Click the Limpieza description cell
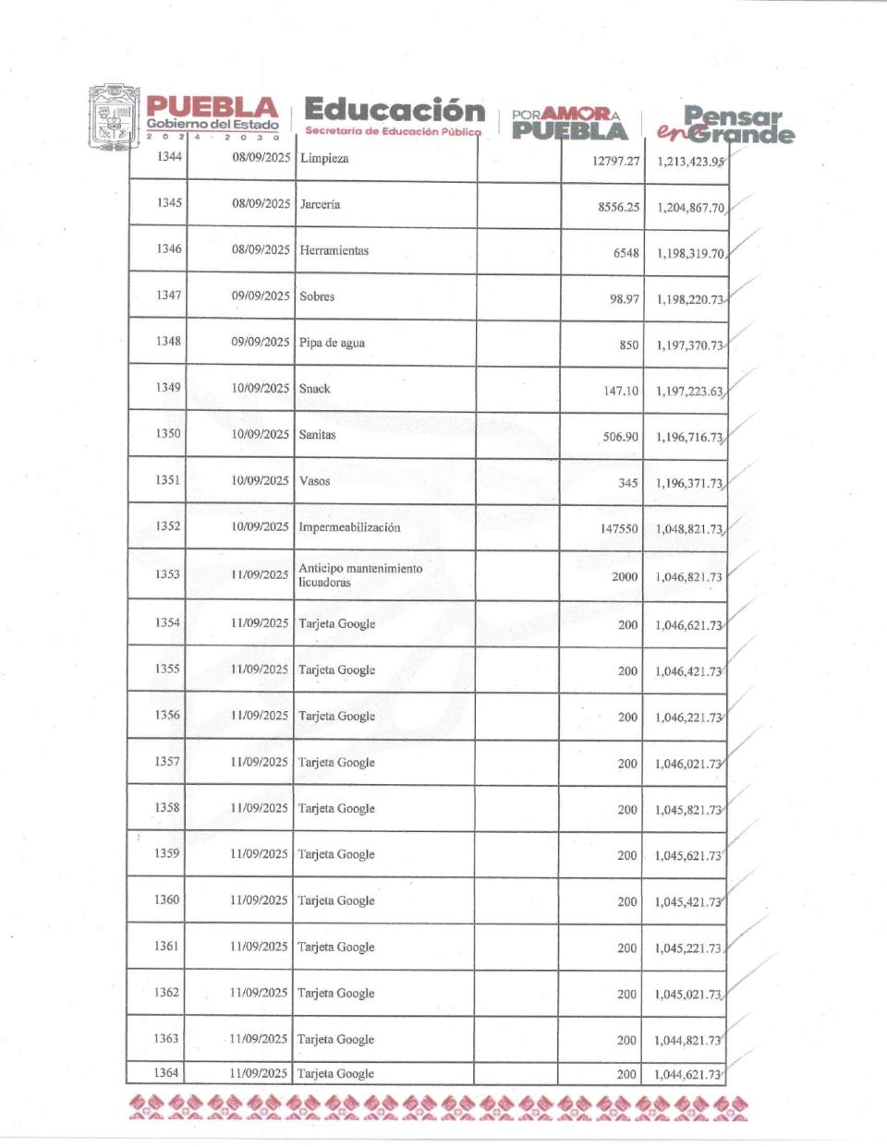(x=324, y=159)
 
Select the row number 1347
(x=169, y=296)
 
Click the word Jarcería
(x=320, y=204)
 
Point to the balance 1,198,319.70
(x=690, y=253)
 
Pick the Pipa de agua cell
(x=332, y=343)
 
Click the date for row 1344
(x=261, y=157)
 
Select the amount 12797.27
(x=615, y=161)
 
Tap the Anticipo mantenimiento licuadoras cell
(x=360, y=575)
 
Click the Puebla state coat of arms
(x=114, y=117)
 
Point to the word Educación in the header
(x=394, y=110)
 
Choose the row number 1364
(x=166, y=1072)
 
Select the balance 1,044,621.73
(x=687, y=1074)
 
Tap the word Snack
(x=314, y=389)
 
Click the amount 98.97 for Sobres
(x=624, y=299)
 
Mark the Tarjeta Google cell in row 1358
(x=336, y=808)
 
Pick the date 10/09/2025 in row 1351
(x=260, y=480)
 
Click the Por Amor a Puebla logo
(x=569, y=123)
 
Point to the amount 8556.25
(x=618, y=207)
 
